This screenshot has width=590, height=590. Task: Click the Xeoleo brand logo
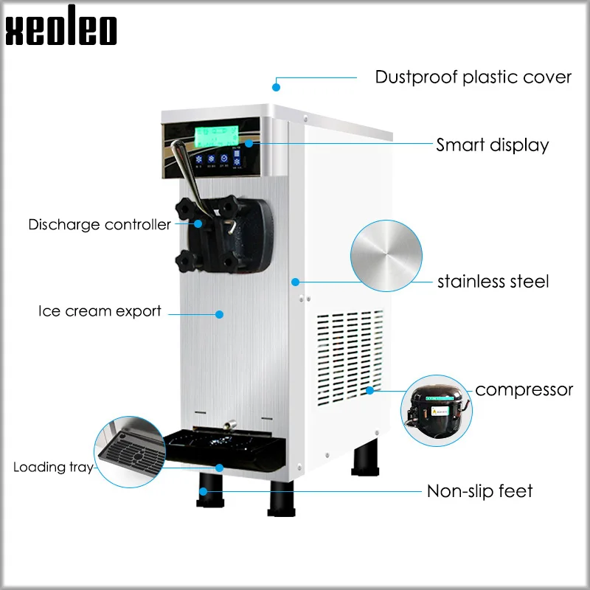(x=61, y=28)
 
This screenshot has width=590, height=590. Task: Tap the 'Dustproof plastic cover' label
(x=473, y=77)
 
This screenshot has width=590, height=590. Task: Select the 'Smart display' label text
(x=492, y=145)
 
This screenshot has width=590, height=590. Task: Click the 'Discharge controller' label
(x=99, y=224)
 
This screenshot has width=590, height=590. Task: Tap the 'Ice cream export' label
(x=100, y=311)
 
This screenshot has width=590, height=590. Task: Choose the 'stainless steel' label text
(x=493, y=281)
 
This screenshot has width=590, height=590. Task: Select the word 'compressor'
(x=524, y=389)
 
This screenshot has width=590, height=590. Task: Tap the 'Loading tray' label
(x=52, y=467)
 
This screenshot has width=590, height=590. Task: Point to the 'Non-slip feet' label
(x=479, y=490)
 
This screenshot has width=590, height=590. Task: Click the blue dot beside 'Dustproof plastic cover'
(x=277, y=87)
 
